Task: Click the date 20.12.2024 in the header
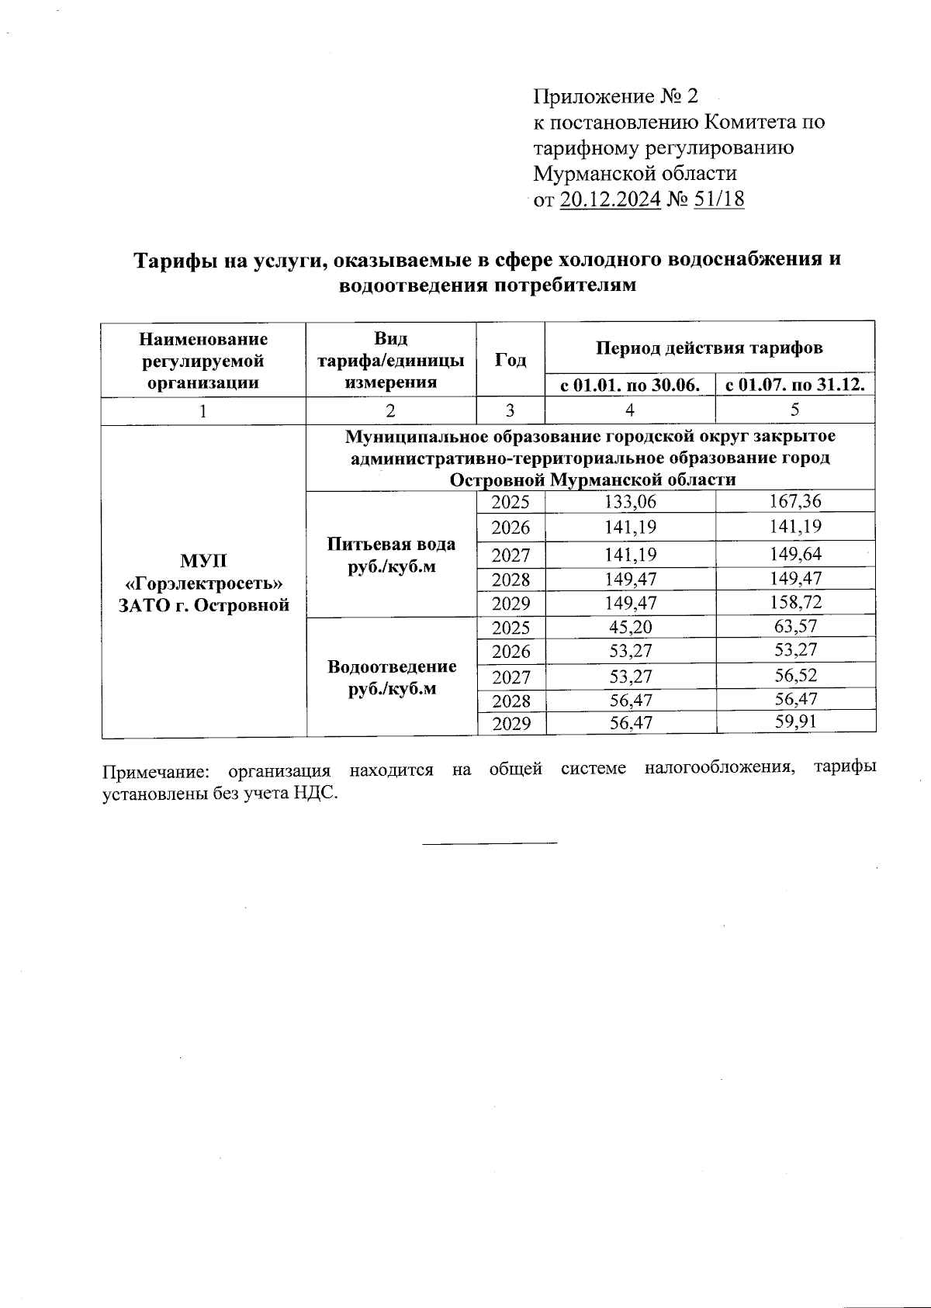coord(610,199)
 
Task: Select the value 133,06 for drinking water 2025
coord(630,502)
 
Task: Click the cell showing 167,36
coord(795,501)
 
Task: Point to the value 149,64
coord(795,554)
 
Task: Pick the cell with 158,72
coord(795,602)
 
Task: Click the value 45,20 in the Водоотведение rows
coord(630,627)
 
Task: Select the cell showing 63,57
coord(795,626)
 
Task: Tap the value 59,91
coord(795,722)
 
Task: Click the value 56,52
coord(795,675)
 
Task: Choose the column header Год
coord(510,360)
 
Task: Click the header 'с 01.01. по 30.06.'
coord(629,385)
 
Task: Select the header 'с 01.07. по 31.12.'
coord(795,385)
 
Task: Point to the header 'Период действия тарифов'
coord(709,348)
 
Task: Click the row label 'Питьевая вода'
coord(391,544)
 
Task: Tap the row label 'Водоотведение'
coord(391,666)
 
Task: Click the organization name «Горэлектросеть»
coord(203,583)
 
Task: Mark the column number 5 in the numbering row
coord(795,410)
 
